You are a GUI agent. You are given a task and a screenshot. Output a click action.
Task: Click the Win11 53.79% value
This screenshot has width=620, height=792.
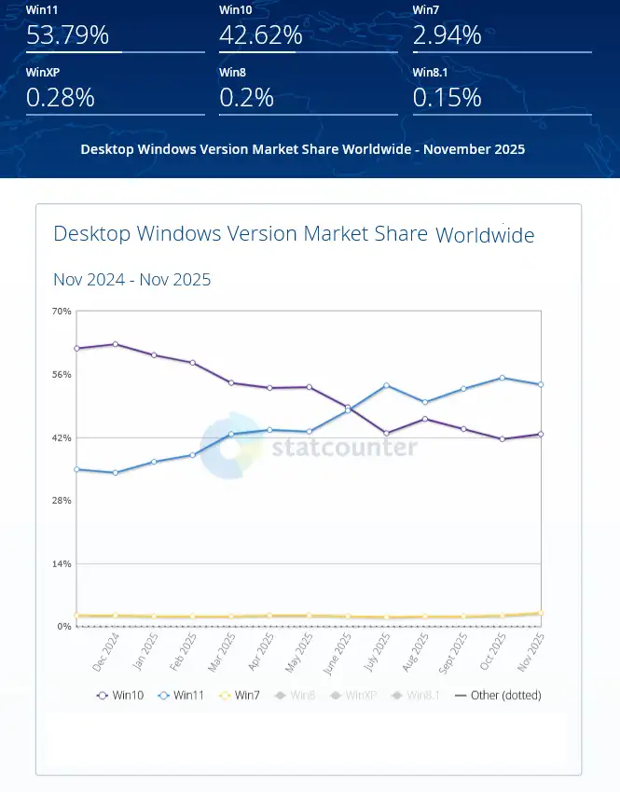tap(68, 36)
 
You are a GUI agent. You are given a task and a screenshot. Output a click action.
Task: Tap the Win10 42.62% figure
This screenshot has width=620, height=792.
tap(261, 36)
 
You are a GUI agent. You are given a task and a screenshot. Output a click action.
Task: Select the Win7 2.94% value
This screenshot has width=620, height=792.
tap(448, 36)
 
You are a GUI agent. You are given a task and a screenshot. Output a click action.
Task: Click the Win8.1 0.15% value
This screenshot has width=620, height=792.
tap(448, 97)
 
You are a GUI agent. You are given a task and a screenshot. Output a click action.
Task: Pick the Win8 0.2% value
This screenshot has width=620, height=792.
tap(247, 97)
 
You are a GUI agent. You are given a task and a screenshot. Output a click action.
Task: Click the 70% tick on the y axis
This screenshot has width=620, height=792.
tap(62, 311)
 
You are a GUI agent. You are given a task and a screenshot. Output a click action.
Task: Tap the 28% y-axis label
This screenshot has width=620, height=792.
tap(62, 501)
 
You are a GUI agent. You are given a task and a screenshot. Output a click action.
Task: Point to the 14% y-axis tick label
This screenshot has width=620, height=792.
tap(62, 563)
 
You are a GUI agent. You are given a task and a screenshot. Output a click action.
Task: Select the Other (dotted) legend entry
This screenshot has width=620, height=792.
tap(498, 695)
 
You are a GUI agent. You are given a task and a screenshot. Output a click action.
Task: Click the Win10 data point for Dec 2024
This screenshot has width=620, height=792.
tap(115, 344)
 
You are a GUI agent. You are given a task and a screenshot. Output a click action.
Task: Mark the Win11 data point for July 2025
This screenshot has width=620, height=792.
tap(386, 385)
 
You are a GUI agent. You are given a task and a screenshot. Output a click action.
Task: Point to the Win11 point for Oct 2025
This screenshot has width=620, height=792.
tap(503, 378)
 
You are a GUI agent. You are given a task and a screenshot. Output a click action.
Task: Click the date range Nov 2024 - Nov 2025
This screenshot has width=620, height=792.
tap(131, 280)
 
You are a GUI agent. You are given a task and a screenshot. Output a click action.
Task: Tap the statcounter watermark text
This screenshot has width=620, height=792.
tap(345, 448)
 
